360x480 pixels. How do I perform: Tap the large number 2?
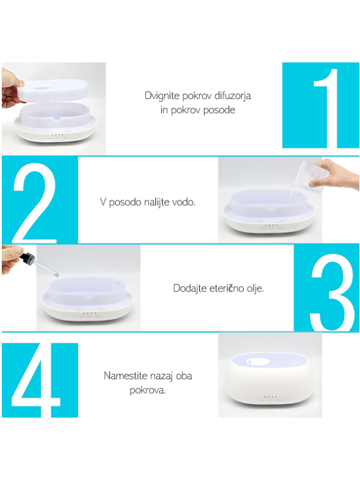click(x=35, y=203)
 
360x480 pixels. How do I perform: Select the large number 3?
click(x=332, y=292)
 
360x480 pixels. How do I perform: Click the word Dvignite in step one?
click(x=162, y=96)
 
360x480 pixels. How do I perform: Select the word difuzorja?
click(x=233, y=95)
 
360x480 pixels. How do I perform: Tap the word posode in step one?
click(x=219, y=110)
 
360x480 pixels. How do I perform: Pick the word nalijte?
click(x=156, y=202)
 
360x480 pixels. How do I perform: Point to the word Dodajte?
click(x=190, y=289)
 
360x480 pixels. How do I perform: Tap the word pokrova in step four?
click(x=148, y=391)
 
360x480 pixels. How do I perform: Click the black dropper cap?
click(x=27, y=257)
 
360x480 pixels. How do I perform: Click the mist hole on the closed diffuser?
click(x=258, y=362)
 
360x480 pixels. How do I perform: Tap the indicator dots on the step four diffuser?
click(x=270, y=397)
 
